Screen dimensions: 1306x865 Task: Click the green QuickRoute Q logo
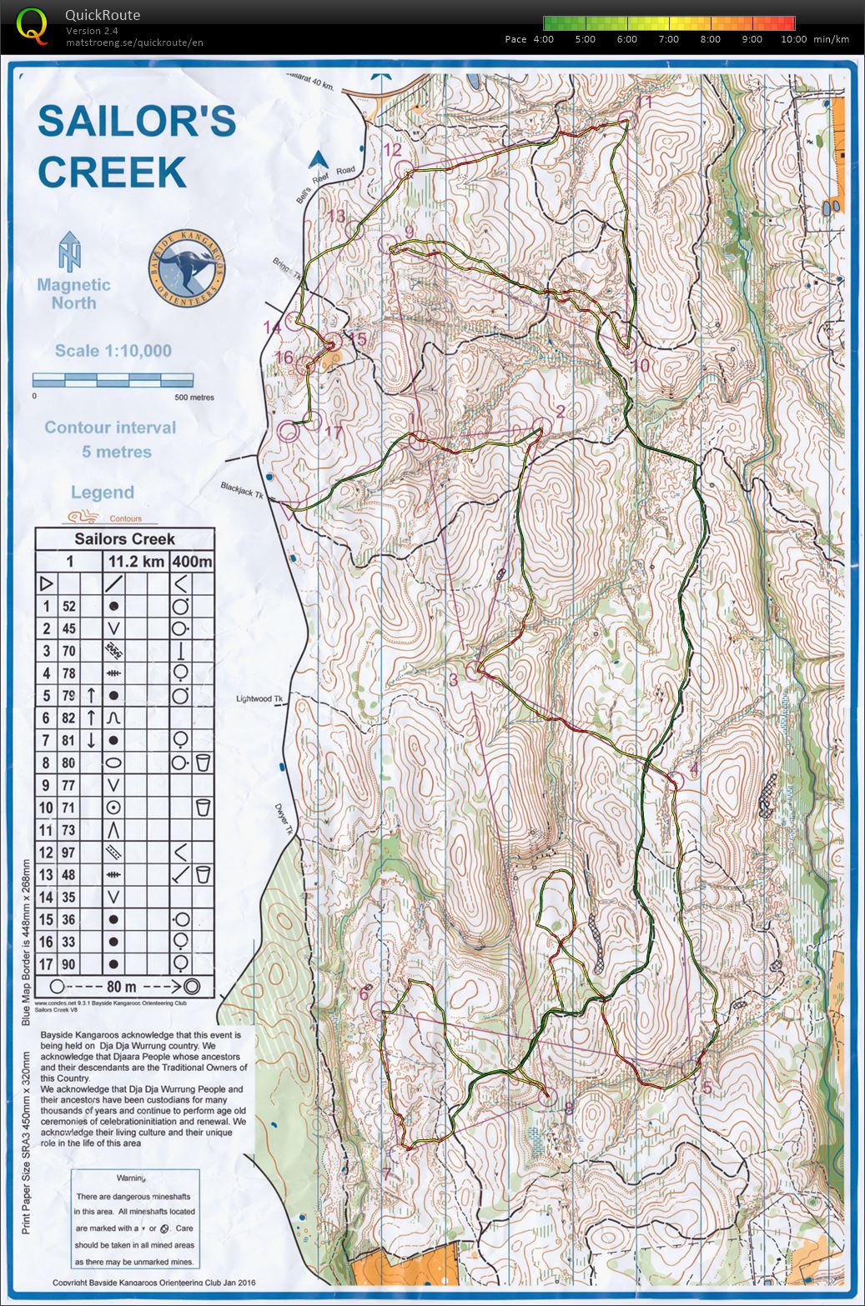[33, 24]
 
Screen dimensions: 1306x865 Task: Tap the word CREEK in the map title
[112, 173]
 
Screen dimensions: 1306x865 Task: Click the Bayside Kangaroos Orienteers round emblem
[188, 265]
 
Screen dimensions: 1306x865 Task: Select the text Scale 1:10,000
[113, 351]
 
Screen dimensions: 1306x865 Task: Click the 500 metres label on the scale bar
[194, 398]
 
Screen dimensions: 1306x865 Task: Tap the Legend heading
[102, 493]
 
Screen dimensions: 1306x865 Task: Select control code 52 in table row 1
[69, 607]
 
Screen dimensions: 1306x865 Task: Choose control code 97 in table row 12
[69, 853]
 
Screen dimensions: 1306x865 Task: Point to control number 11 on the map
[643, 103]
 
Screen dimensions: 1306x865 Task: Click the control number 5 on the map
[707, 1087]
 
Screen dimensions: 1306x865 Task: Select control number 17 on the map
[334, 433]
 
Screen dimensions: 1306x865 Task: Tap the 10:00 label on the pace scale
[792, 39]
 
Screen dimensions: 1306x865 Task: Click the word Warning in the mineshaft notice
[131, 1178]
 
